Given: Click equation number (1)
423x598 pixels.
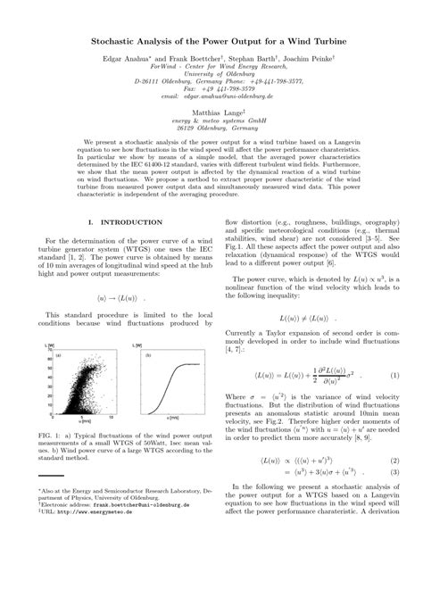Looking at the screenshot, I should pos(394,351).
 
